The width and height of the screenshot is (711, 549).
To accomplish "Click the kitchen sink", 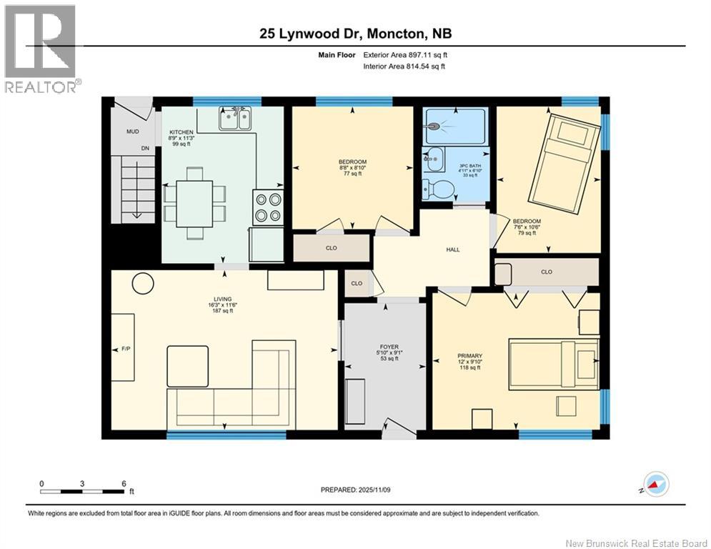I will (x=235, y=119).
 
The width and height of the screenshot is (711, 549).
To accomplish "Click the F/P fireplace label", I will (x=126, y=349).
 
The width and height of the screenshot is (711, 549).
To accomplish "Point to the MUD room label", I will (x=133, y=132).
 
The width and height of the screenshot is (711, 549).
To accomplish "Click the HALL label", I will (x=453, y=249).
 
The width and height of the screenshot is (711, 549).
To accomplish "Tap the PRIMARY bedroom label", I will (x=469, y=356).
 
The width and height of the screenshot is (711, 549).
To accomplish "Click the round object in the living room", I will (x=143, y=283).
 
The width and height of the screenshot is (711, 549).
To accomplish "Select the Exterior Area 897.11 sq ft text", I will (x=405, y=54).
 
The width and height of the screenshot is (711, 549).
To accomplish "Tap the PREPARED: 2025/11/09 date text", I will (x=355, y=490).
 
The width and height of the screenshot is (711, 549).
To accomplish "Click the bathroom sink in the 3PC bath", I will (x=434, y=161).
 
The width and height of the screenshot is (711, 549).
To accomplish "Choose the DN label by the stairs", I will (x=145, y=149).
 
